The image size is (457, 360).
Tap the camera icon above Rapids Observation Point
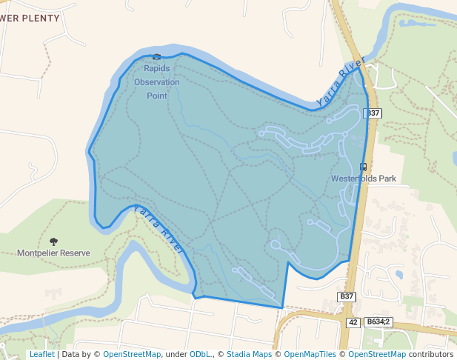tap(156, 57)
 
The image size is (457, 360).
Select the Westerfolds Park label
tap(364, 179)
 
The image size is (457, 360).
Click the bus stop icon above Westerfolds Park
tap(363, 166)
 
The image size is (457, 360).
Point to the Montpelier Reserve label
tap(53, 253)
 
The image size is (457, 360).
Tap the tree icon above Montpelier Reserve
tap(53, 241)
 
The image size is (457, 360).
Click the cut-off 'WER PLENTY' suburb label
tap(30, 19)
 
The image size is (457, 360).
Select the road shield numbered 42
tap(353, 322)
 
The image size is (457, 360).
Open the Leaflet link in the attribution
tap(41, 354)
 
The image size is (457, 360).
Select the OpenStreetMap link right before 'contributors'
tap(377, 354)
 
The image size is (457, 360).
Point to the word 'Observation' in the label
tap(156, 82)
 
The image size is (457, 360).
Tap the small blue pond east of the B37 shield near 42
tap(398, 275)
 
